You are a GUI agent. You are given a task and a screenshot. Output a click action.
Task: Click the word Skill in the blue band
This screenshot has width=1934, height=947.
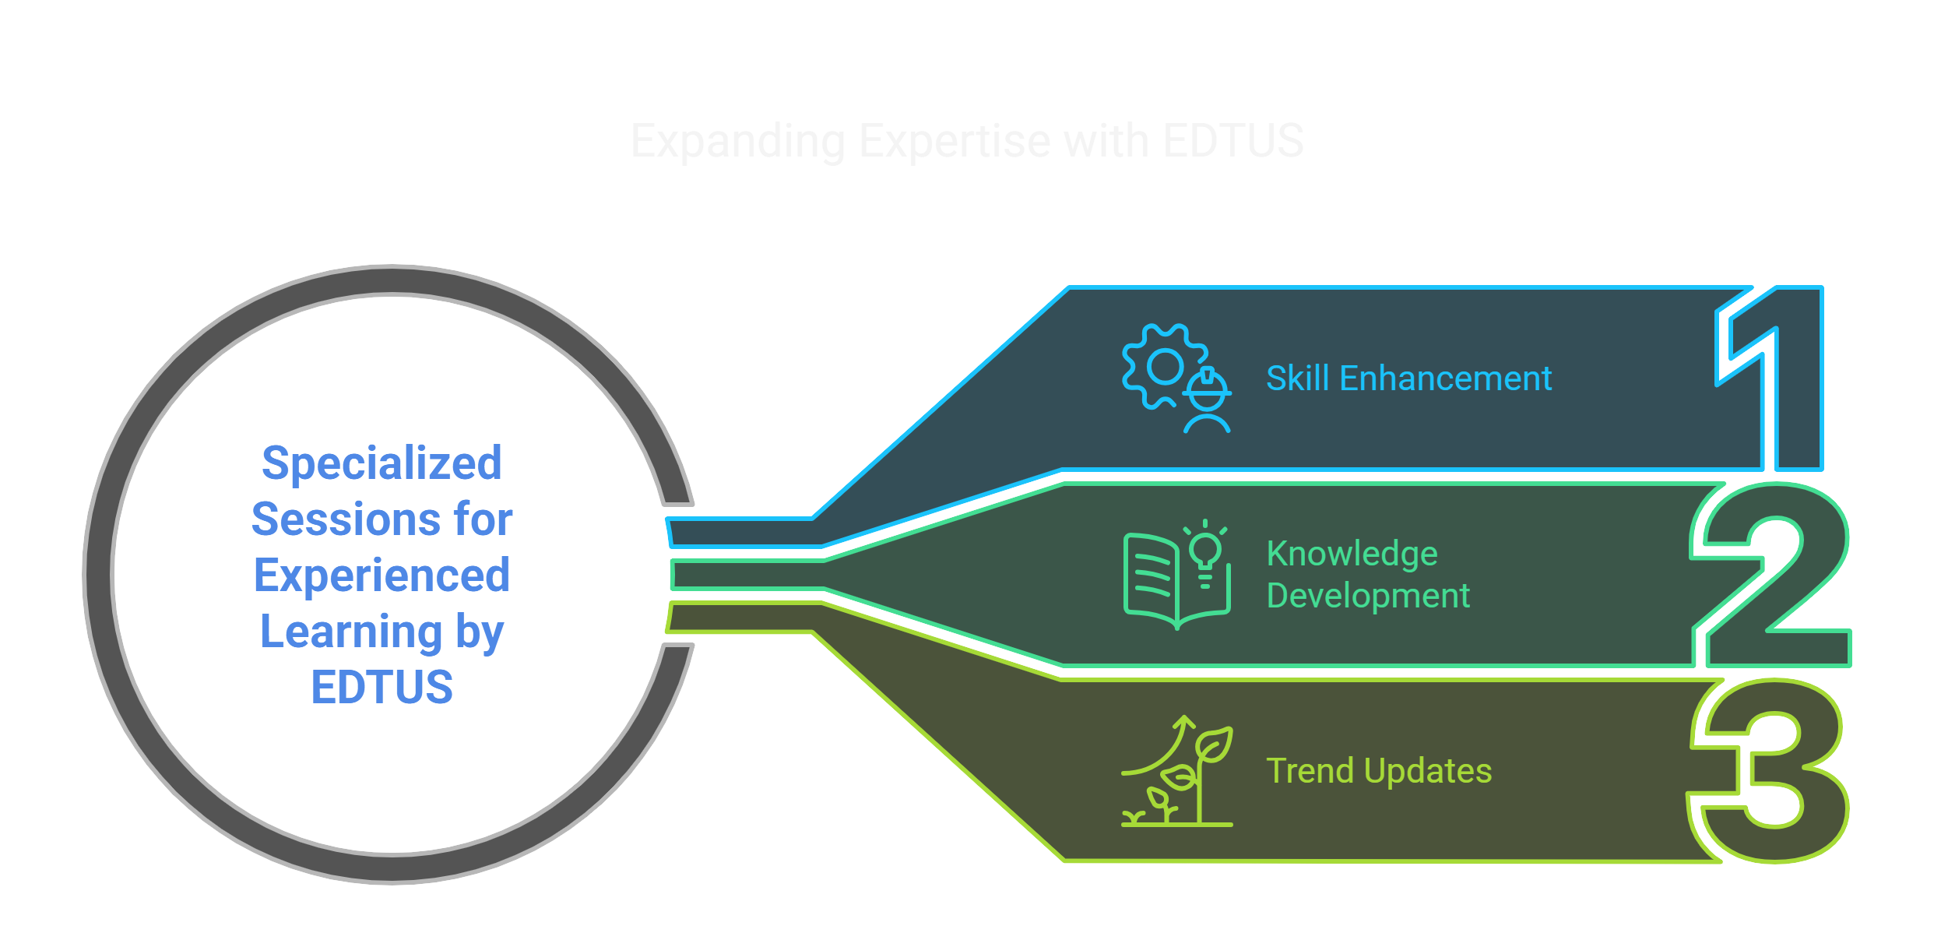click(1297, 378)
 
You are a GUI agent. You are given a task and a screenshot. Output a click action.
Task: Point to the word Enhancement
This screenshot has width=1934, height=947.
click(1446, 378)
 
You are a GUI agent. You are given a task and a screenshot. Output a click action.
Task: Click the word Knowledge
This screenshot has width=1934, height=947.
click(1352, 554)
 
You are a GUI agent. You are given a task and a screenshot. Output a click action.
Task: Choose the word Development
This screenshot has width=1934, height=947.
click(1368, 596)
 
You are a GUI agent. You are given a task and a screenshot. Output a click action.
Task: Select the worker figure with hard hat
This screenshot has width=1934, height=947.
click(1207, 401)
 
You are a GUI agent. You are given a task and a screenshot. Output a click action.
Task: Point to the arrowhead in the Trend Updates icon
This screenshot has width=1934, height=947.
click(1185, 722)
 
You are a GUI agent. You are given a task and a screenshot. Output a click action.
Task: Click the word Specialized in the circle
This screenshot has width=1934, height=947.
click(382, 463)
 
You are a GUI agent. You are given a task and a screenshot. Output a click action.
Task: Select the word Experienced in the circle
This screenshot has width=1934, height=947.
click(382, 576)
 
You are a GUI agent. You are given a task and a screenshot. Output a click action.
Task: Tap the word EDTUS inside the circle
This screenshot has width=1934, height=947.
click(382, 687)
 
